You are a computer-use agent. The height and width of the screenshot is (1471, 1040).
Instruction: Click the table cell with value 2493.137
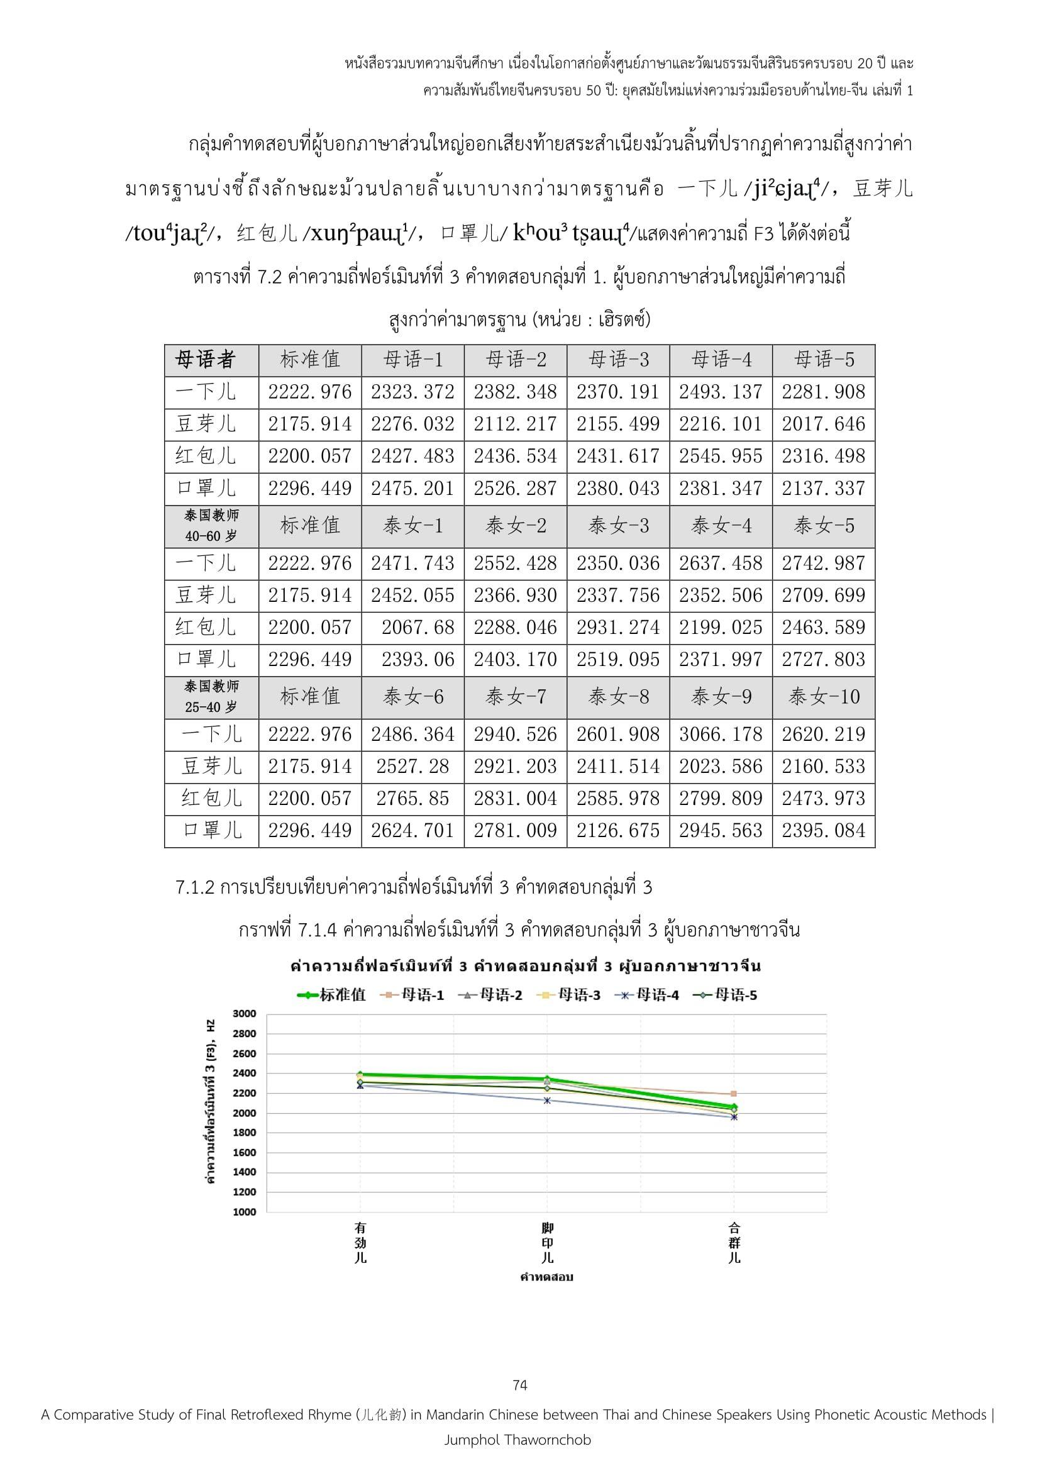coord(721,391)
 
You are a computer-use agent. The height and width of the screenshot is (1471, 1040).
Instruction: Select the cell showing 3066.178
coord(721,734)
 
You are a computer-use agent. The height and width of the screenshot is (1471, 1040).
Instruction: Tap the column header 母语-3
coord(618,360)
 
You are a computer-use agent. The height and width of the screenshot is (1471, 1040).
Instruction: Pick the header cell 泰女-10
coord(824,696)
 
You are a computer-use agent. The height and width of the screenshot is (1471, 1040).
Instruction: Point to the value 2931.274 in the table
coord(618,627)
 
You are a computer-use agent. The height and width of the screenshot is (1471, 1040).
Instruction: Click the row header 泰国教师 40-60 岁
coord(211,525)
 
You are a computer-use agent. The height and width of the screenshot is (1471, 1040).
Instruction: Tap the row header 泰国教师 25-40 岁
coord(211,696)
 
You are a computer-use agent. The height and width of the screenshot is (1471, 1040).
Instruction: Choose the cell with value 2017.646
coord(824,423)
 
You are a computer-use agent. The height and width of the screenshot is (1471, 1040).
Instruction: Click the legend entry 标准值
coord(333,995)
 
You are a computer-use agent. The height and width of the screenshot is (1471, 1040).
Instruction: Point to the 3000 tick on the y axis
coord(244,1014)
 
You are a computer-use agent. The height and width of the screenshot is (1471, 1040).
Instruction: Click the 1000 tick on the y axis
coord(244,1211)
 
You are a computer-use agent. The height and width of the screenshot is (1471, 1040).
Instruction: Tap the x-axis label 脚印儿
coord(547,1243)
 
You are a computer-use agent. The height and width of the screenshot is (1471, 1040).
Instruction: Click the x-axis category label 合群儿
coord(734,1243)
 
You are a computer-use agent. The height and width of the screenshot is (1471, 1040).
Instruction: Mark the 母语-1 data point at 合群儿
coord(734,1094)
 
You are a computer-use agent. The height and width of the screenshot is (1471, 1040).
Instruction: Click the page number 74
coord(520,1386)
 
